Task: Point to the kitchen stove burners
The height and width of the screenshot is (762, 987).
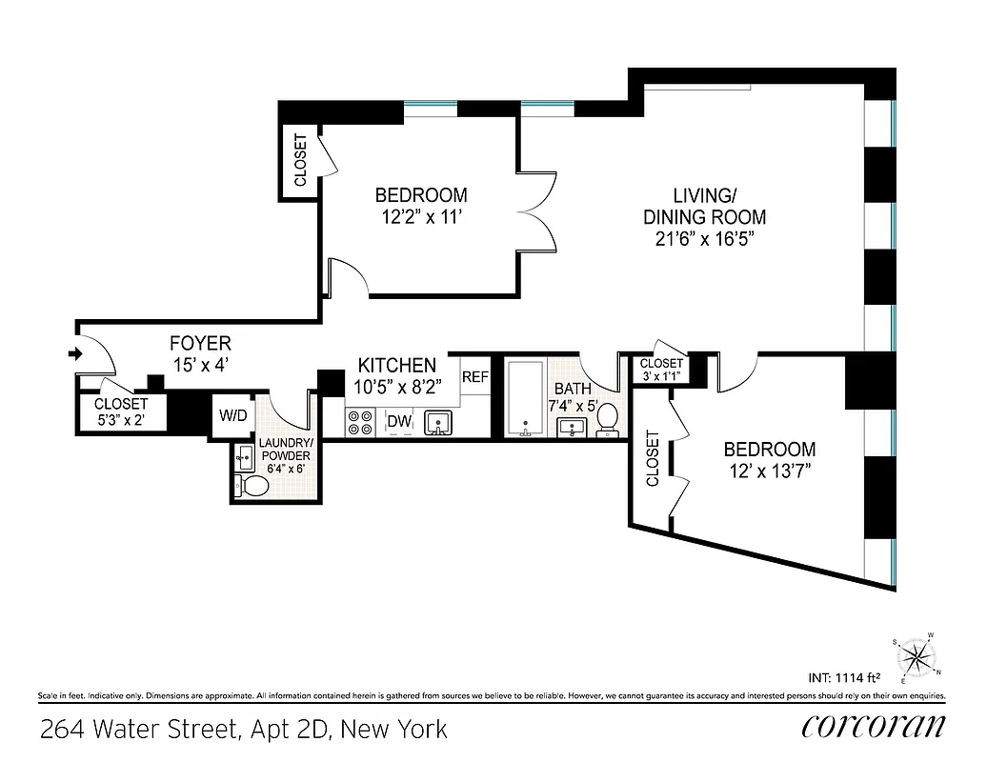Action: [361, 422]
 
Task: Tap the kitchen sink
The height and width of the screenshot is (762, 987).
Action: [438, 422]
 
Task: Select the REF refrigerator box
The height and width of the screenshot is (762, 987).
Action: [474, 377]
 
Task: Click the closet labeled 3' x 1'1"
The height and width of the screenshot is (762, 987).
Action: [660, 369]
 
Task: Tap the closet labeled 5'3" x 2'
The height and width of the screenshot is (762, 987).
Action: [121, 411]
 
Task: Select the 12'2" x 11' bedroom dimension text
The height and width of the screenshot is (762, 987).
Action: [421, 216]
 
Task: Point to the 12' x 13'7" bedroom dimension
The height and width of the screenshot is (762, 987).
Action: [769, 471]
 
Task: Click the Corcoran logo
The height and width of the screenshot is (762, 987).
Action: [873, 727]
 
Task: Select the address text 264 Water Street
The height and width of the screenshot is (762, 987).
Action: [243, 730]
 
